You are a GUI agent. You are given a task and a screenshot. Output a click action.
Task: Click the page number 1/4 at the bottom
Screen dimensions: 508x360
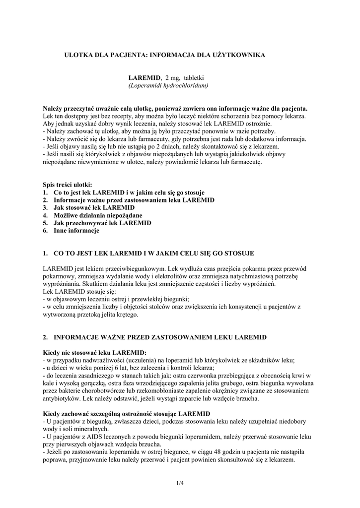(179, 482)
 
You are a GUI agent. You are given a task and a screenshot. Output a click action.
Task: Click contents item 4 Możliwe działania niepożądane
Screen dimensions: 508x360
(98, 215)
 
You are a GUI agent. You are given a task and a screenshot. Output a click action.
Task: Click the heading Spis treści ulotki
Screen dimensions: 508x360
(67, 185)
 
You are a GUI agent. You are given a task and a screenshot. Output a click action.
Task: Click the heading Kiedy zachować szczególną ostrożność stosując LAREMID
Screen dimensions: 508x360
(127, 413)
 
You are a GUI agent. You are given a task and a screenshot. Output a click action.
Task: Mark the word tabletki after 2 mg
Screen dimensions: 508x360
(198, 78)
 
